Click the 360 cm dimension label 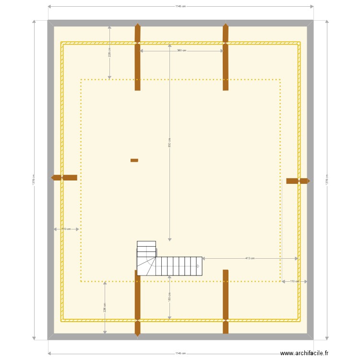[x=181, y=50]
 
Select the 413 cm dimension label [x=250, y=258]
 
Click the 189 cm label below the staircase [x=169, y=297]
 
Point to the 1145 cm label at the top [x=180, y=6]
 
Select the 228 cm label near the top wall [x=109, y=52]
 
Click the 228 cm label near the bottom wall [x=105, y=308]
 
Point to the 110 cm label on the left [x=66, y=229]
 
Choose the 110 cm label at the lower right [x=294, y=281]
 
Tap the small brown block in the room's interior [x=134, y=160]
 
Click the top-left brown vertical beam [x=137, y=57]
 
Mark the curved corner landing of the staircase [x=145, y=266]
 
